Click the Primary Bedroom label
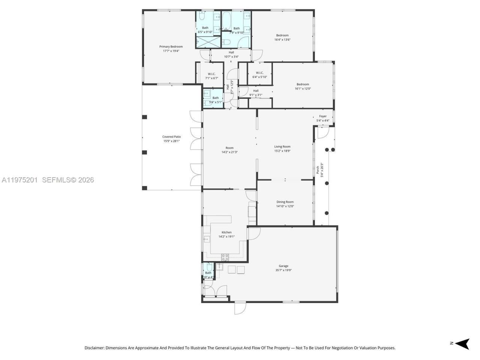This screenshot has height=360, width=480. [x=171, y=46]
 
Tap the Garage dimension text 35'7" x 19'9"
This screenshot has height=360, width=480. [x=283, y=270]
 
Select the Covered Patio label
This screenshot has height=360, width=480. [x=171, y=137]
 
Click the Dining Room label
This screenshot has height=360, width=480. [x=285, y=202]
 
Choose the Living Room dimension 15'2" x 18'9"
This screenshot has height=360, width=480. [x=282, y=151]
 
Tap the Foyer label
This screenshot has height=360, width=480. [x=323, y=116]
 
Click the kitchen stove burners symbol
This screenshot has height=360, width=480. [x=225, y=257]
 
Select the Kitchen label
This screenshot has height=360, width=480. [x=226, y=232]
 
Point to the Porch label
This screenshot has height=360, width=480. [x=318, y=170]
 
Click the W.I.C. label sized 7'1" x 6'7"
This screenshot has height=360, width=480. [x=210, y=74]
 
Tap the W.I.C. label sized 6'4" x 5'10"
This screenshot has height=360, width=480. [x=259, y=73]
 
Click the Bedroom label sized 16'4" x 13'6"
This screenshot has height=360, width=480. [x=282, y=35]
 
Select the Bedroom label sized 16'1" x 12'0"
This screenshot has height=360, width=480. [x=303, y=84]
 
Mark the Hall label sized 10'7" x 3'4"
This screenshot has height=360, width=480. [x=231, y=52]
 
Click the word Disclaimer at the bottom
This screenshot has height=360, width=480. [x=94, y=348]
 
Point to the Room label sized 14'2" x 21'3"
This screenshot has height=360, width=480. [x=229, y=148]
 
